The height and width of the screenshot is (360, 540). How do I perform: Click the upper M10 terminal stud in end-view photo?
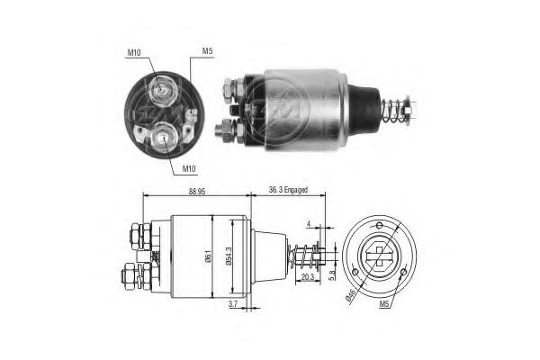click(x=163, y=89)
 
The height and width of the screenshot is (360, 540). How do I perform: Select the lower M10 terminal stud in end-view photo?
click(x=166, y=137)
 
